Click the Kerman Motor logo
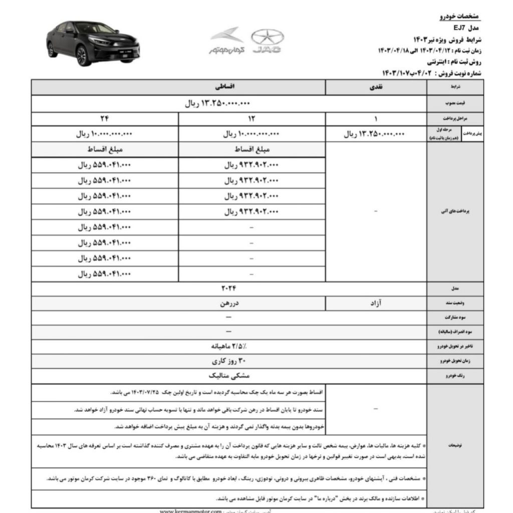(226, 41)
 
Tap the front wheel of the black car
(84, 56)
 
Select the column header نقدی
(375, 87)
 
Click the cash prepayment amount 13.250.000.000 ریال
(375, 134)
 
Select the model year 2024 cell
(228, 288)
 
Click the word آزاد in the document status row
(375, 303)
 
